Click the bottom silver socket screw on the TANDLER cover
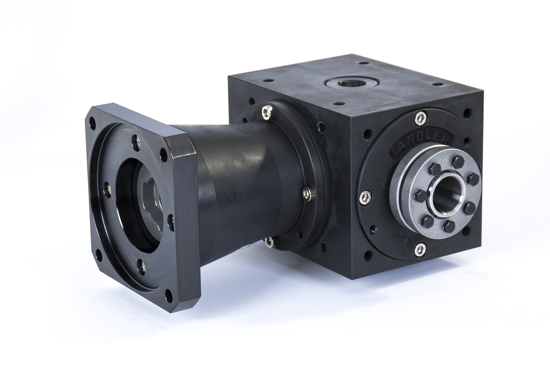[x=420, y=250]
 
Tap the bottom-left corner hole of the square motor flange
[x=98, y=253]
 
